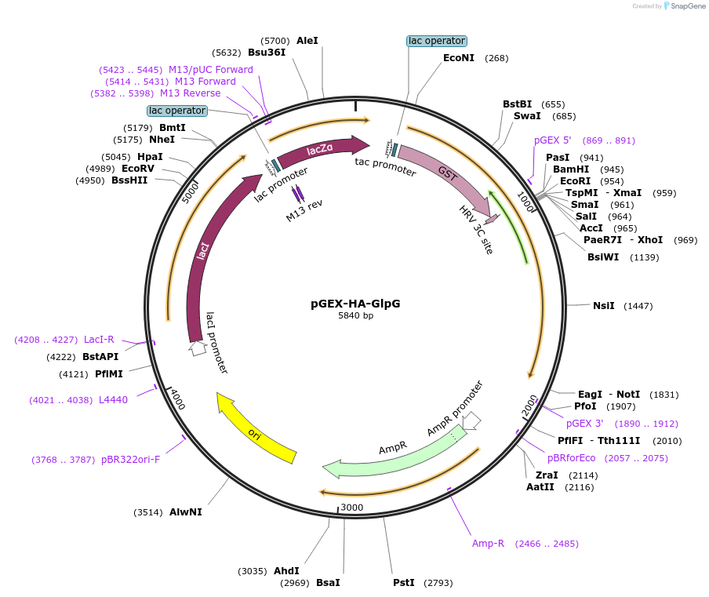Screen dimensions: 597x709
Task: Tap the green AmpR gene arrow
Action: pyautogui.click(x=392, y=457)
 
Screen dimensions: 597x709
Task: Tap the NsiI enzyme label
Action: pyautogui.click(x=604, y=306)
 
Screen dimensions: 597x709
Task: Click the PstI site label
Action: pyautogui.click(x=404, y=583)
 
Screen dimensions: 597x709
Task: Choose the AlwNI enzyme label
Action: pyautogui.click(x=186, y=512)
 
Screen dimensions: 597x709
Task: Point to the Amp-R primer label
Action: pyautogui.click(x=488, y=543)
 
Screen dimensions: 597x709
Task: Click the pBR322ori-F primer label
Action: pyautogui.click(x=130, y=459)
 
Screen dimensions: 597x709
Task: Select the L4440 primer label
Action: pyautogui.click(x=113, y=400)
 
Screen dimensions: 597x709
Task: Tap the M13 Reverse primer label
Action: pyautogui.click(x=198, y=93)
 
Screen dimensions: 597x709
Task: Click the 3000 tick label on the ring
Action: pyautogui.click(x=352, y=508)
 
